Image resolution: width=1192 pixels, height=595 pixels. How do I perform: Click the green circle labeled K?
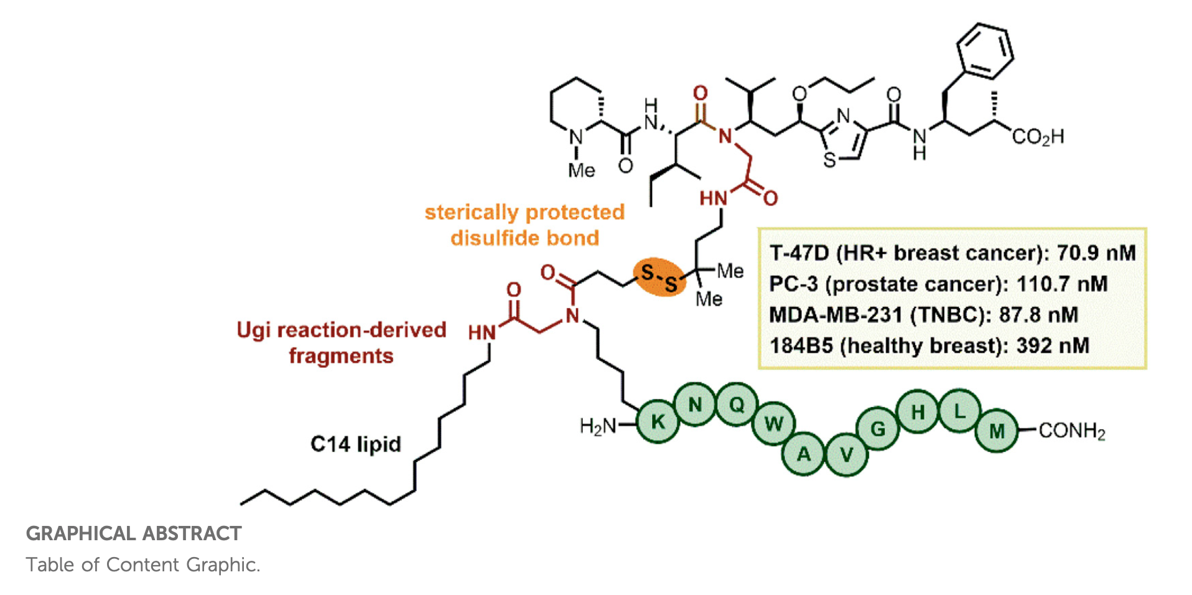[x=658, y=422]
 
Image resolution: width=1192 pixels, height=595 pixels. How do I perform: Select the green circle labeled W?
[x=773, y=424]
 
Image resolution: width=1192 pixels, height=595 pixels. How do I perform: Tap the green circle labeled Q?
[x=737, y=405]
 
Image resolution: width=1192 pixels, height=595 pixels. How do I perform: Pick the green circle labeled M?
[x=997, y=431]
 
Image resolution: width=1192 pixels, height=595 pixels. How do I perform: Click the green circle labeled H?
[x=918, y=412]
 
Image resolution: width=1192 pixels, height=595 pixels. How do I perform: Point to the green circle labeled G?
[x=878, y=429]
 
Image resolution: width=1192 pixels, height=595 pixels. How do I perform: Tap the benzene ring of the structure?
[x=985, y=51]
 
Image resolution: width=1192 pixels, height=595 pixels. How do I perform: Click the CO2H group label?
[x=1038, y=137]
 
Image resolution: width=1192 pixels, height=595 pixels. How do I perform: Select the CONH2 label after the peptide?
[x=1071, y=431]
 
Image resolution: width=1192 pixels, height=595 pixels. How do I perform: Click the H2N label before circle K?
[x=597, y=426]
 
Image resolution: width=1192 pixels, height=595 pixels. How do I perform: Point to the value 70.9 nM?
[x=1096, y=253]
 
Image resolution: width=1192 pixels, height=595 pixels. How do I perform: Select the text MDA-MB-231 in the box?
[x=836, y=314]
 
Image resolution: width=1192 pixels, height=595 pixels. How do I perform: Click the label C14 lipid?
[x=355, y=444]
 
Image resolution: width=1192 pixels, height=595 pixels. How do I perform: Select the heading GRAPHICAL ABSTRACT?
[x=134, y=533]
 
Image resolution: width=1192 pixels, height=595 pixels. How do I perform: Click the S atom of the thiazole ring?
[x=829, y=161]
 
